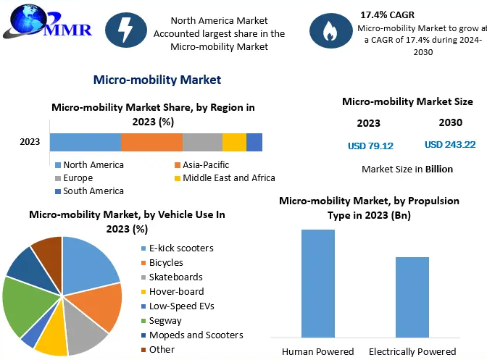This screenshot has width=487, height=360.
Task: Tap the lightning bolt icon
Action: [x=125, y=29]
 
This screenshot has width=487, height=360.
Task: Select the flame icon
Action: [x=327, y=30]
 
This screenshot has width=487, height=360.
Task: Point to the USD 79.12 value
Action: [x=370, y=146]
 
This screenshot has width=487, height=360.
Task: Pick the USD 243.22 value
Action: [x=449, y=145]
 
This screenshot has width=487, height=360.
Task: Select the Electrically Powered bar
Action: [x=412, y=297]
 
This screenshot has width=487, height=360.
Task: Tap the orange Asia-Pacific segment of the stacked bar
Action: [x=151, y=143]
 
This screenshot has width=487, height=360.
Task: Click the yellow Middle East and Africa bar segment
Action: [x=234, y=143]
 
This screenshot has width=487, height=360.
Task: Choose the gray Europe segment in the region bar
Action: [x=202, y=143]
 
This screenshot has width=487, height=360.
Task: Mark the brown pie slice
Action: [x=48, y=250]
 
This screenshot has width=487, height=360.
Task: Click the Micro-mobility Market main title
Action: [x=157, y=80]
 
